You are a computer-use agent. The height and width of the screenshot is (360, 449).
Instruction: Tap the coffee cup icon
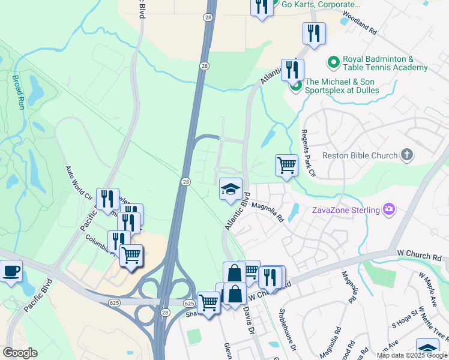coord(11,271)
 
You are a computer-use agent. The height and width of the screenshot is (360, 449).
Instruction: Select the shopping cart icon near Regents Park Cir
coord(287,164)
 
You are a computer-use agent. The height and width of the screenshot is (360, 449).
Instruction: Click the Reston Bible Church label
coord(360,155)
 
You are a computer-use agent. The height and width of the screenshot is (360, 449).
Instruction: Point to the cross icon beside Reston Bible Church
coord(407,155)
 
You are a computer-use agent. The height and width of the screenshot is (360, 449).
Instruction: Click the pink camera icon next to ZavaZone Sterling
coord(390,209)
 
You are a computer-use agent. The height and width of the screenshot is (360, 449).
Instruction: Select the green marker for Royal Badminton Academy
coord(333,62)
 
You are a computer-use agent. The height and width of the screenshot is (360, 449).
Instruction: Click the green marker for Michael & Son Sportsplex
coord(295,86)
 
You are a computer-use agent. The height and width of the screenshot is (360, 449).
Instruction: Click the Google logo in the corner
coord(20,353)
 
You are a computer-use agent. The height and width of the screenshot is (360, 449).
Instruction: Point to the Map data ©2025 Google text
coord(411,355)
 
